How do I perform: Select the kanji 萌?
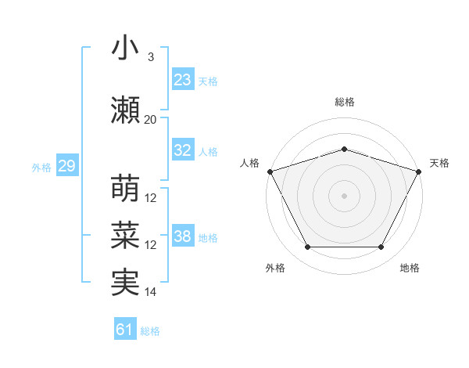(125, 188)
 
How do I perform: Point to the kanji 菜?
(125, 236)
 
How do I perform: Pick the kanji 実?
(125, 282)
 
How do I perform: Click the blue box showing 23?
(182, 80)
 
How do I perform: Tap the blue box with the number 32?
(182, 151)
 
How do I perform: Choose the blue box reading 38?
(182, 237)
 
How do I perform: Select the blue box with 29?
(66, 167)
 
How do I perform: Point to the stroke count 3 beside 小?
(150, 57)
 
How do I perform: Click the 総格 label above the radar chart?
(344, 103)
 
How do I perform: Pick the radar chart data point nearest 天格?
(419, 171)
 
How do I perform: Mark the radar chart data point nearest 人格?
(270, 171)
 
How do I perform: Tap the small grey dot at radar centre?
(344, 195)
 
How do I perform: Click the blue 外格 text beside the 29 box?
(41, 168)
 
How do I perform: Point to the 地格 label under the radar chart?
(410, 269)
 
